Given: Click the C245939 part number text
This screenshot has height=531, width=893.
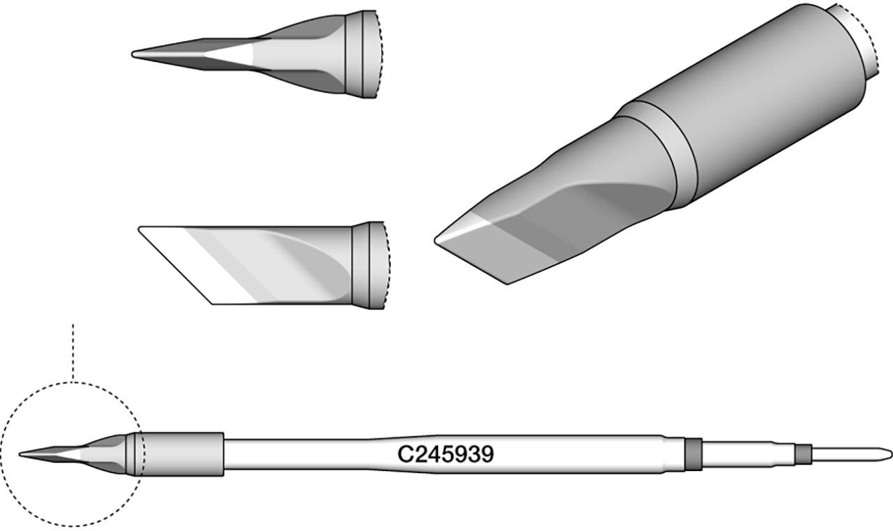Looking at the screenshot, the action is click(446, 454).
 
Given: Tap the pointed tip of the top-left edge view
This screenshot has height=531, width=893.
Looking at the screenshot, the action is click(133, 54).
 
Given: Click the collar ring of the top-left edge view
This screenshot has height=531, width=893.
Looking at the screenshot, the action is click(361, 54).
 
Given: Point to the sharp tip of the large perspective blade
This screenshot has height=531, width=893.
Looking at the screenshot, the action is click(435, 241).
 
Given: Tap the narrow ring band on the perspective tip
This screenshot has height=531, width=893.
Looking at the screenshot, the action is click(662, 151).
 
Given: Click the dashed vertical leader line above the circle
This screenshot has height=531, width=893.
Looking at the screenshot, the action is click(73, 352).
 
